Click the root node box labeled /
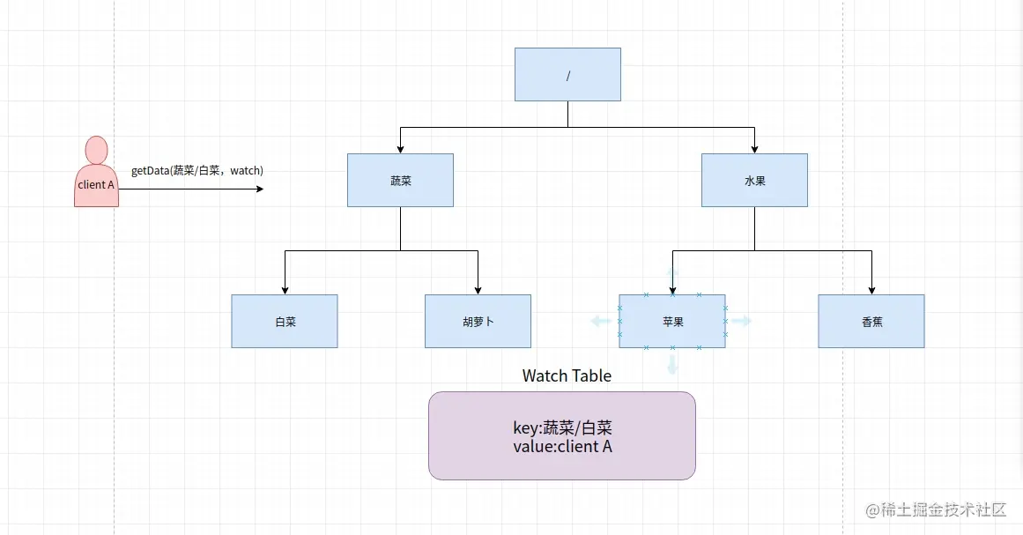567,74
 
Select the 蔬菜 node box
400,180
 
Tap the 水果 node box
754,180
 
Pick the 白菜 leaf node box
285,321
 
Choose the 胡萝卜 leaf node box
478,321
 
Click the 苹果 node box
672,321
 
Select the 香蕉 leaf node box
871,321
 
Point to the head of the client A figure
96,150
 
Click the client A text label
96,185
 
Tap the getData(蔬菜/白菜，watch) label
197,170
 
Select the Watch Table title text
567,375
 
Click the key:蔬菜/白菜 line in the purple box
562,428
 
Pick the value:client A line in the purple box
562,447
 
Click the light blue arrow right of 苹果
741,321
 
